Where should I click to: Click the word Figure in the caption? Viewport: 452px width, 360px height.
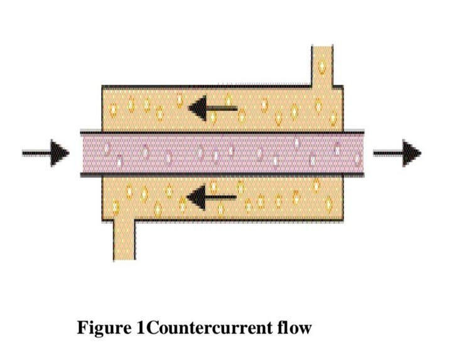104,328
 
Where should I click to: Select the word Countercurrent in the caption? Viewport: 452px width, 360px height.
211,328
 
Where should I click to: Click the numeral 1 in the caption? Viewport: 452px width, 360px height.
141,328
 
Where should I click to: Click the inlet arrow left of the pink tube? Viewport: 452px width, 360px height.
46,153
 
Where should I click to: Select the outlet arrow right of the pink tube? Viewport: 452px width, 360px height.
397,153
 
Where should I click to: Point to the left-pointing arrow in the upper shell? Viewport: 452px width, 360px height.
212,109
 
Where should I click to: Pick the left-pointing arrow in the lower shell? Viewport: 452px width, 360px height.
212,198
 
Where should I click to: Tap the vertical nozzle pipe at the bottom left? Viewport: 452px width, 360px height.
124,240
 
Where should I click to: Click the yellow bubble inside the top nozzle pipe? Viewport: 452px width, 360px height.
322,67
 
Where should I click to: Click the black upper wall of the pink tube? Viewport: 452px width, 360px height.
222,132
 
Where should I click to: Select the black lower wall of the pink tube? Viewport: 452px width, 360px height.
222,174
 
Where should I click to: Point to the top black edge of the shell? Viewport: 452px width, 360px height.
207,87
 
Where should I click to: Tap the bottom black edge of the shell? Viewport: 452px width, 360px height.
239,221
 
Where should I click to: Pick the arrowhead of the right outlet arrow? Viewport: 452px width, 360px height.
412,153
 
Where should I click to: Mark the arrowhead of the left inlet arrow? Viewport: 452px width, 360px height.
60,153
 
